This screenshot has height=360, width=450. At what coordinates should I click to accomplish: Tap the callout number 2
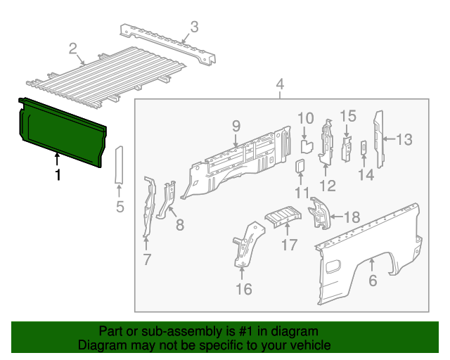73,49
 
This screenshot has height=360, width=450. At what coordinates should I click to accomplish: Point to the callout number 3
194,28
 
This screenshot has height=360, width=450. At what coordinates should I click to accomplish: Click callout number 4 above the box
280,86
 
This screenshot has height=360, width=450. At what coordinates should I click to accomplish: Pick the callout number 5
120,207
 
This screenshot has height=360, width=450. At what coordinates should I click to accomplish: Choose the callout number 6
373,281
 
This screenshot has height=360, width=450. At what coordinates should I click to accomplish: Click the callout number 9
236,126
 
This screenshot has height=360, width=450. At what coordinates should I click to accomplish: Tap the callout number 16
243,288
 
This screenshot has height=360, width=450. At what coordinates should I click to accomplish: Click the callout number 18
351,217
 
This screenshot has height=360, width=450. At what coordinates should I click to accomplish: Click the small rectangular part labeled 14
364,148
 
